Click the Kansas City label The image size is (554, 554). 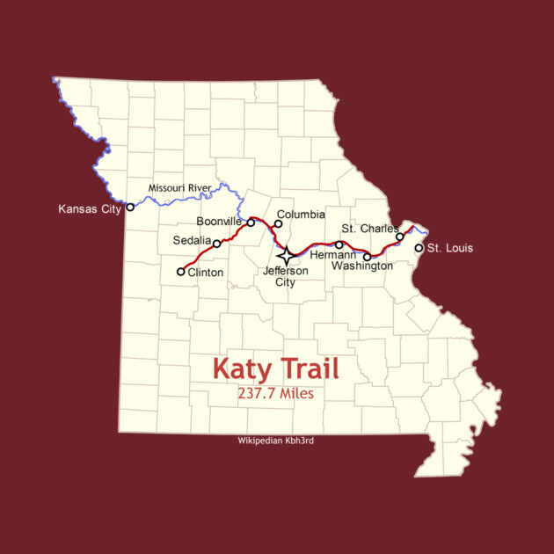click(x=89, y=209)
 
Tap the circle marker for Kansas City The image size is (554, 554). click(x=130, y=208)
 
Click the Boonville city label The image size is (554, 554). click(x=219, y=222)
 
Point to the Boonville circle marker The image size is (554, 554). click(x=251, y=222)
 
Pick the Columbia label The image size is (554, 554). click(x=301, y=215)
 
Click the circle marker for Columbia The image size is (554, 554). click(x=278, y=223)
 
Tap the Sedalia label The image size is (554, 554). click(x=192, y=240)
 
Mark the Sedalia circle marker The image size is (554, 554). click(x=217, y=243)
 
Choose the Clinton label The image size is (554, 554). click(x=206, y=273)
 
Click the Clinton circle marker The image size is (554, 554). click(x=181, y=272)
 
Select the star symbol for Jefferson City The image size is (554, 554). click(x=286, y=255)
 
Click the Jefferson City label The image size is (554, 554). click(x=286, y=276)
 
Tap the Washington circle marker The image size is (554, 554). click(x=368, y=257)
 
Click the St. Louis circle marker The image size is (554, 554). click(x=419, y=248)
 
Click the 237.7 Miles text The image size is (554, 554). click(x=275, y=393)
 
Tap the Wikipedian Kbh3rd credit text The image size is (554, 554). click(x=275, y=441)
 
